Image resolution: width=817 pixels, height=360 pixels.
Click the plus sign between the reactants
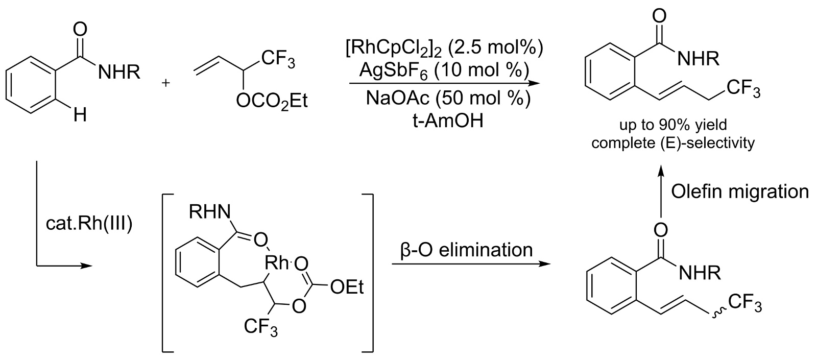164,82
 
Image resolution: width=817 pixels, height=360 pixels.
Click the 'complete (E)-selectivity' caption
672,142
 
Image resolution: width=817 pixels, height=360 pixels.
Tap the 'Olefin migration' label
740,191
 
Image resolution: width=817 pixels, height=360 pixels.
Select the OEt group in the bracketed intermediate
347,287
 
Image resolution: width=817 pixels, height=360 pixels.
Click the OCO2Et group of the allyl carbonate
272,102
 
